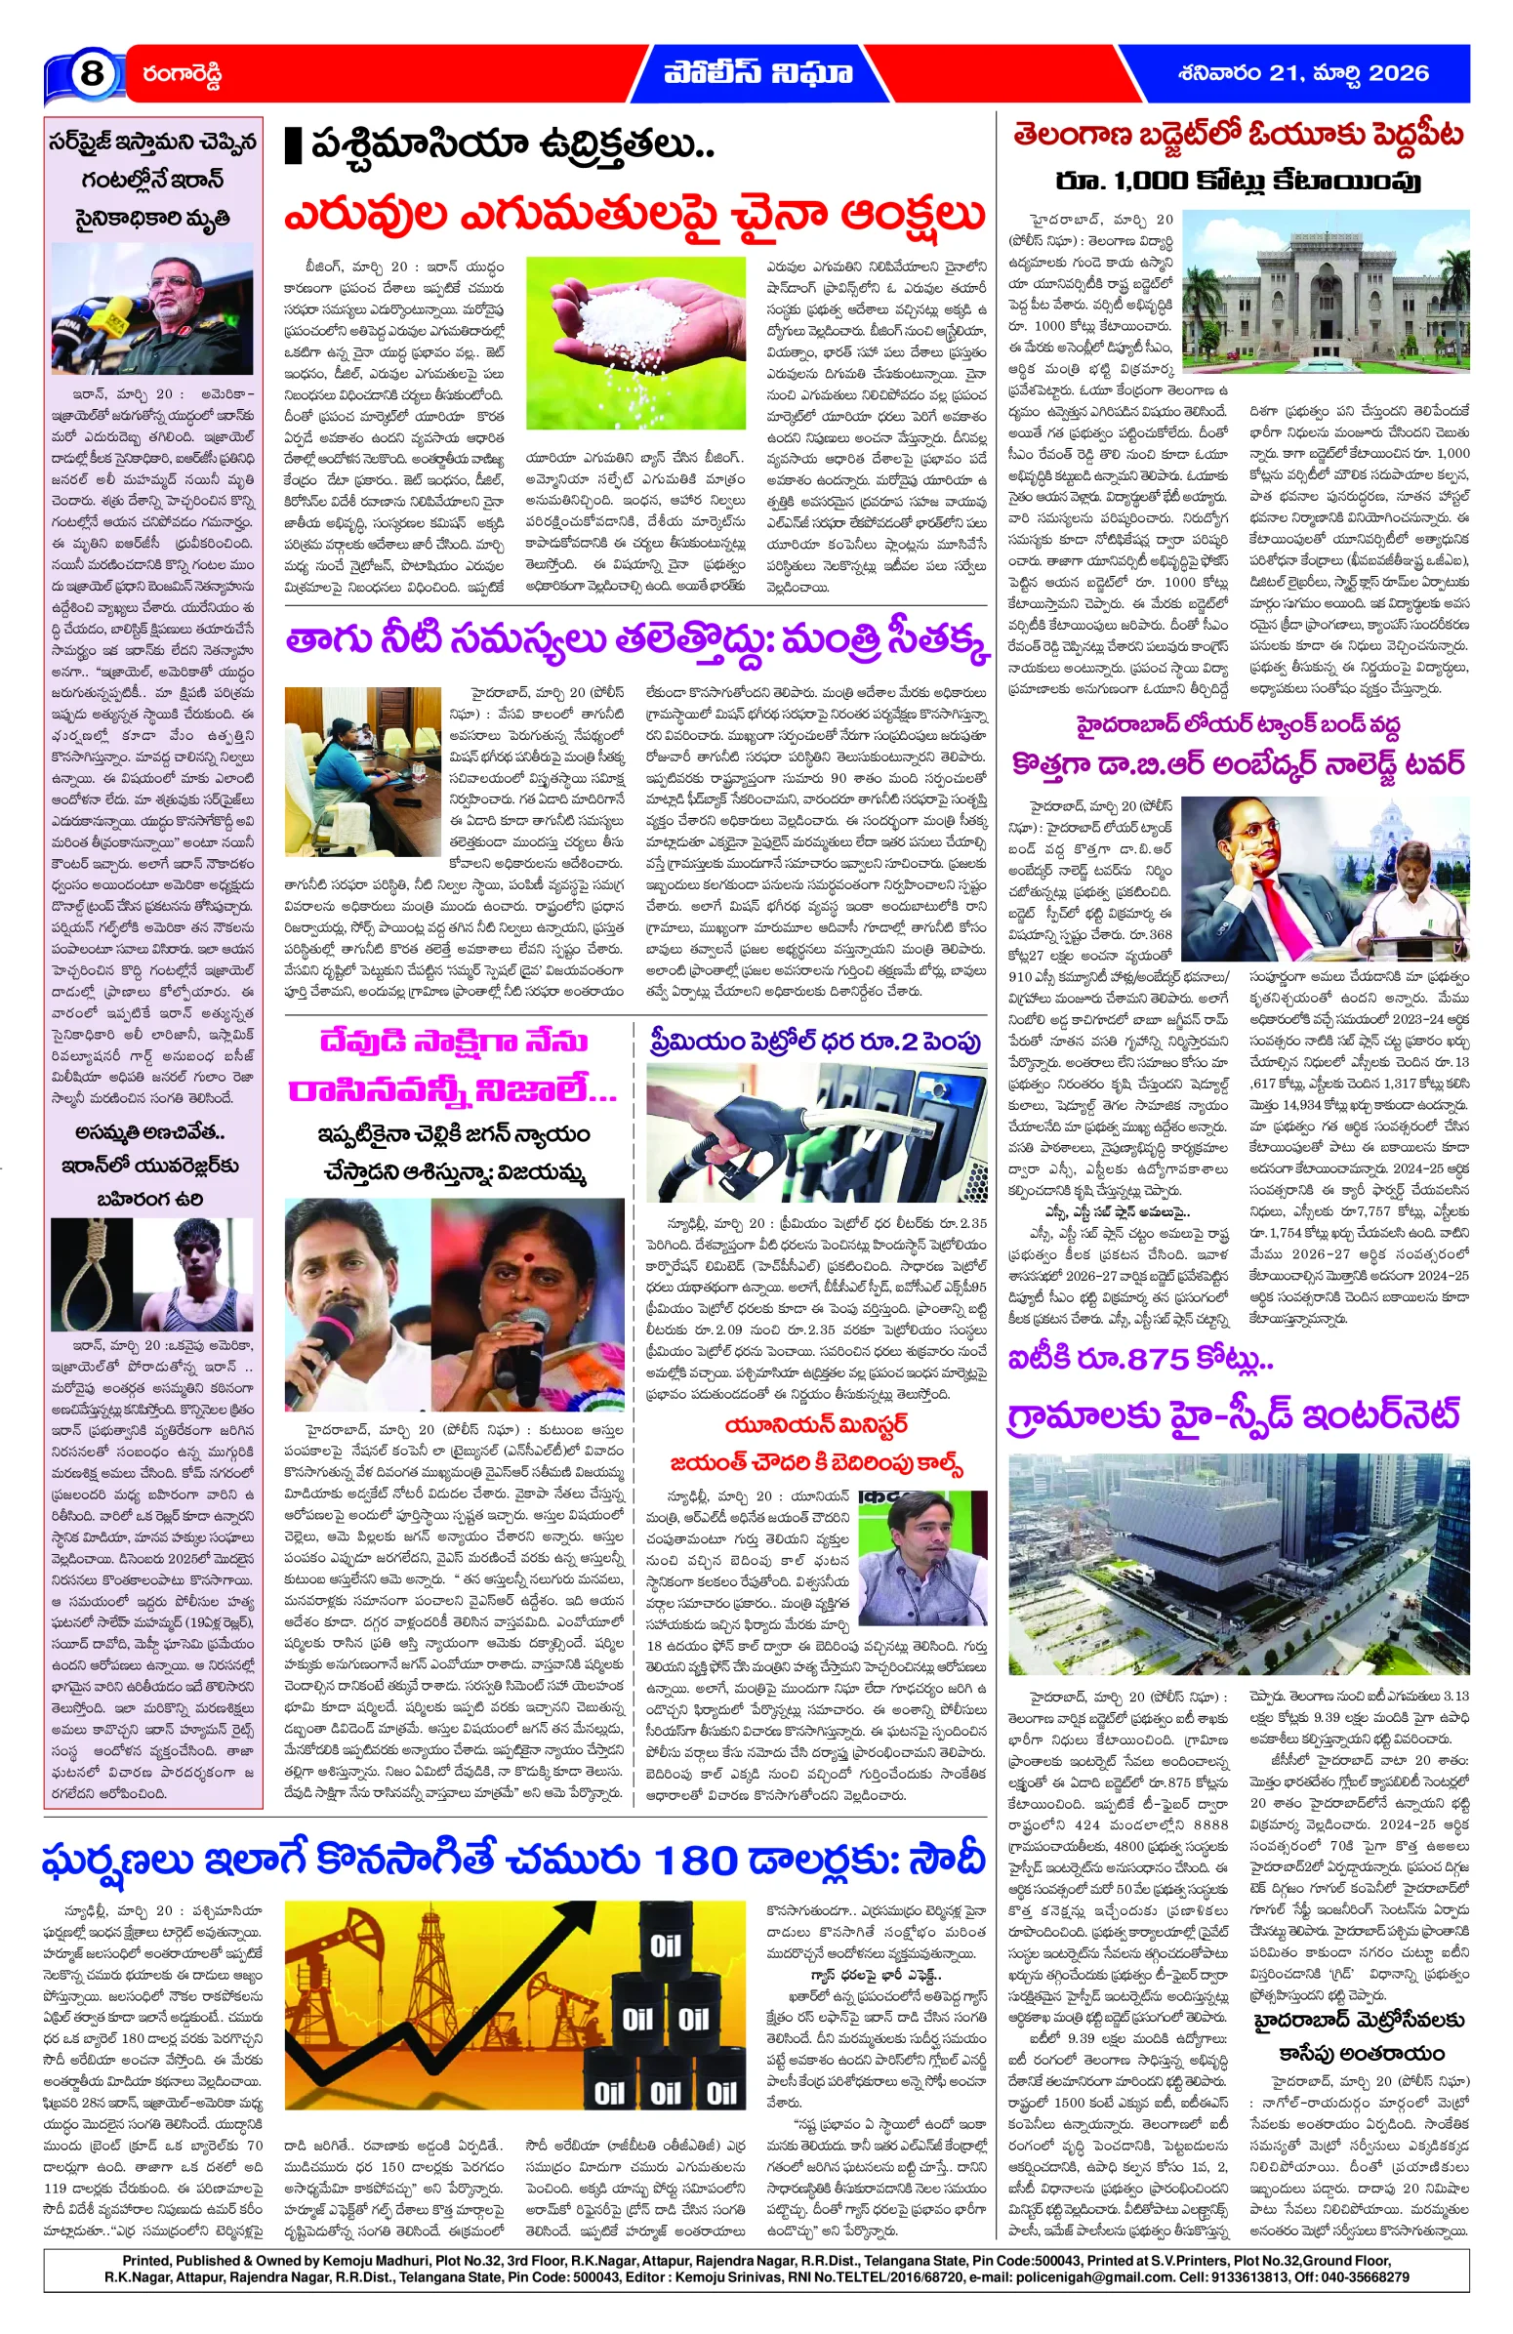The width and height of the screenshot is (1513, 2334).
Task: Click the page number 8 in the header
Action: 91,73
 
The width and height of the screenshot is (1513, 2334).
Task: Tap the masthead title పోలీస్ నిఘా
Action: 757,72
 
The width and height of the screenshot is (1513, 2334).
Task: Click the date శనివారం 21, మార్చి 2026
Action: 1303,72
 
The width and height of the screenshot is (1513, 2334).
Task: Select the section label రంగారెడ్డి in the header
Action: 183,73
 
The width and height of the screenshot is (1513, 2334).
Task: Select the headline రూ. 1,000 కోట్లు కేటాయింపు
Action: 1238,182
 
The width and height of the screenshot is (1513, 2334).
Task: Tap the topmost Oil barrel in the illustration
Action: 665,1945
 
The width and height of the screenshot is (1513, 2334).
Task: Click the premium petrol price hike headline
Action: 815,1042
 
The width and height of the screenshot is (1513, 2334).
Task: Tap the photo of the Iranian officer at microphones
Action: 152,308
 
